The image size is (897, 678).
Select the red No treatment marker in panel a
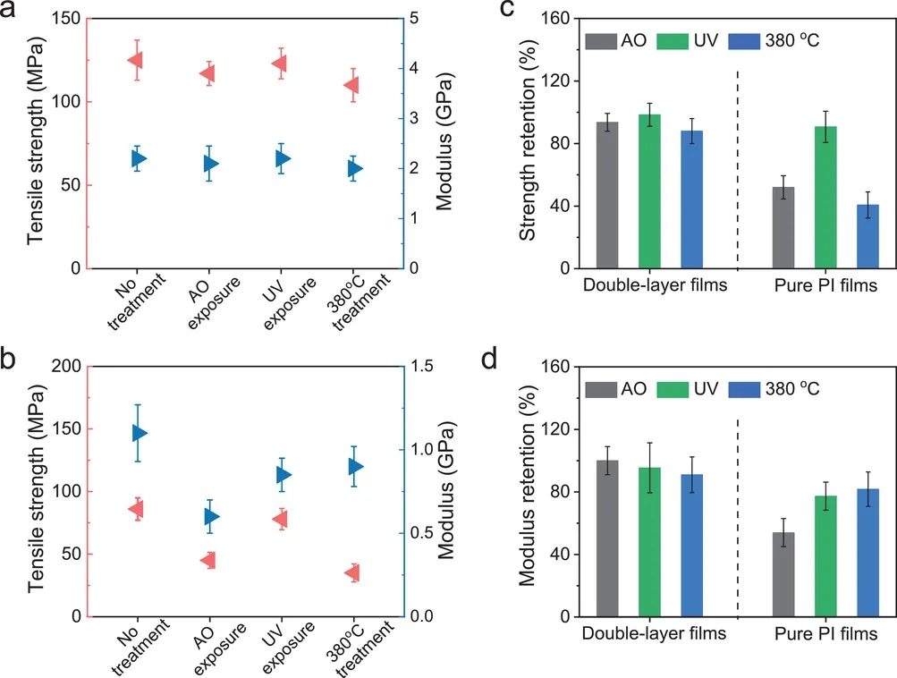click(136, 60)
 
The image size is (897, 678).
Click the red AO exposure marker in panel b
click(208, 561)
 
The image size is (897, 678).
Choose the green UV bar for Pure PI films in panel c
click(825, 198)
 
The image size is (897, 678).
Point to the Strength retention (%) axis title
click(529, 143)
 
